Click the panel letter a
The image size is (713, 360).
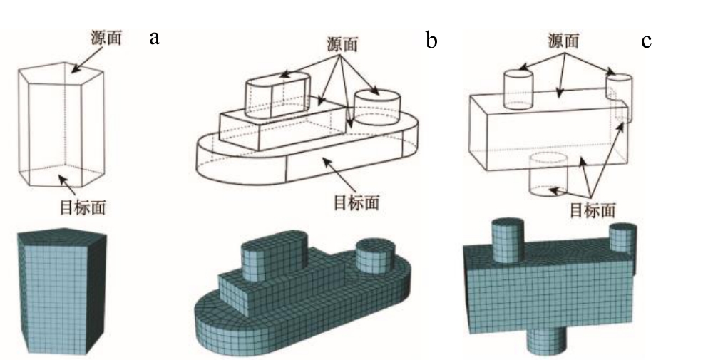pos(153,37)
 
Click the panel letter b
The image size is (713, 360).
pos(431,40)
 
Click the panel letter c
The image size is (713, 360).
pos(646,41)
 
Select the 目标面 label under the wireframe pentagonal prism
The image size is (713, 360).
pos(82,208)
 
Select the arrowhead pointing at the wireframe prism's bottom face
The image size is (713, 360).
pos(65,181)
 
